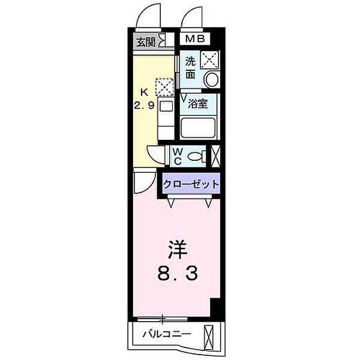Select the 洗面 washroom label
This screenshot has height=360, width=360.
pyautogui.click(x=190, y=67)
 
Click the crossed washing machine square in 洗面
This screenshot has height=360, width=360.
pyautogui.click(x=209, y=59)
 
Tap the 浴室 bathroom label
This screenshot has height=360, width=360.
pyautogui.click(x=197, y=103)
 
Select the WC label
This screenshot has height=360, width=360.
pyautogui.click(x=178, y=157)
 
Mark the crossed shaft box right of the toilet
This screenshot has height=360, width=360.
pyautogui.click(x=215, y=156)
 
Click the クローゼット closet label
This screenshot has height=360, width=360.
pyautogui.click(x=190, y=184)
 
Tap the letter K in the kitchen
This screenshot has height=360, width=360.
pyautogui.click(x=143, y=92)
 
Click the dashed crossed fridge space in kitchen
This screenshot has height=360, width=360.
pyautogui.click(x=163, y=87)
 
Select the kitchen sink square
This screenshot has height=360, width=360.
pyautogui.click(x=166, y=106)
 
